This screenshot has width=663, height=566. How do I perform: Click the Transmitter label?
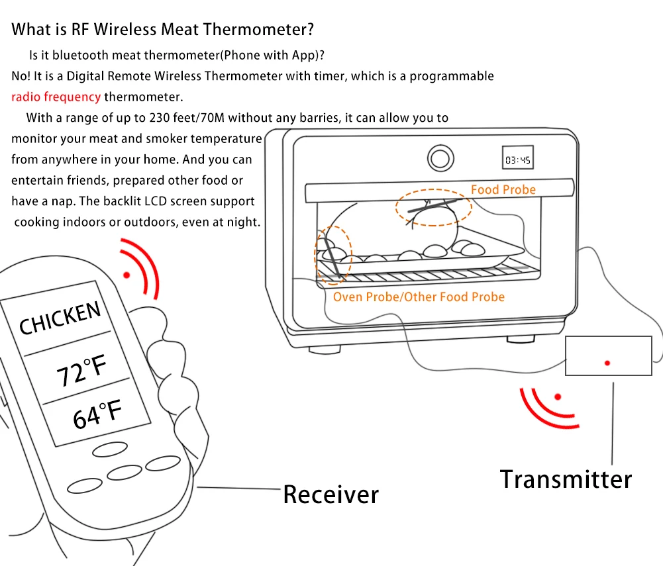click(x=565, y=479)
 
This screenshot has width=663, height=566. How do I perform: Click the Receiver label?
click(x=331, y=494)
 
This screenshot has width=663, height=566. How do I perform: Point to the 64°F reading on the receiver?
click(x=97, y=413)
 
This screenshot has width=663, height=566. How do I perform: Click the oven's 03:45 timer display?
click(x=519, y=160)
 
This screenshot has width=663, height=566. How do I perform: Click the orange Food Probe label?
click(x=503, y=190)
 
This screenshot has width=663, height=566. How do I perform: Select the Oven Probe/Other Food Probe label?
click(x=419, y=297)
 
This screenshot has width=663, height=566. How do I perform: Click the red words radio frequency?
click(x=56, y=97)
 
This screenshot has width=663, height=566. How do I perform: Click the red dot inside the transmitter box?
click(x=607, y=363)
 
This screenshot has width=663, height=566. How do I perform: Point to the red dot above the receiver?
click(x=127, y=275)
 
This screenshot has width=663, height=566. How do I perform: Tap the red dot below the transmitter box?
click(x=558, y=397)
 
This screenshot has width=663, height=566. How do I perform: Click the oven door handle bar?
click(x=438, y=191)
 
